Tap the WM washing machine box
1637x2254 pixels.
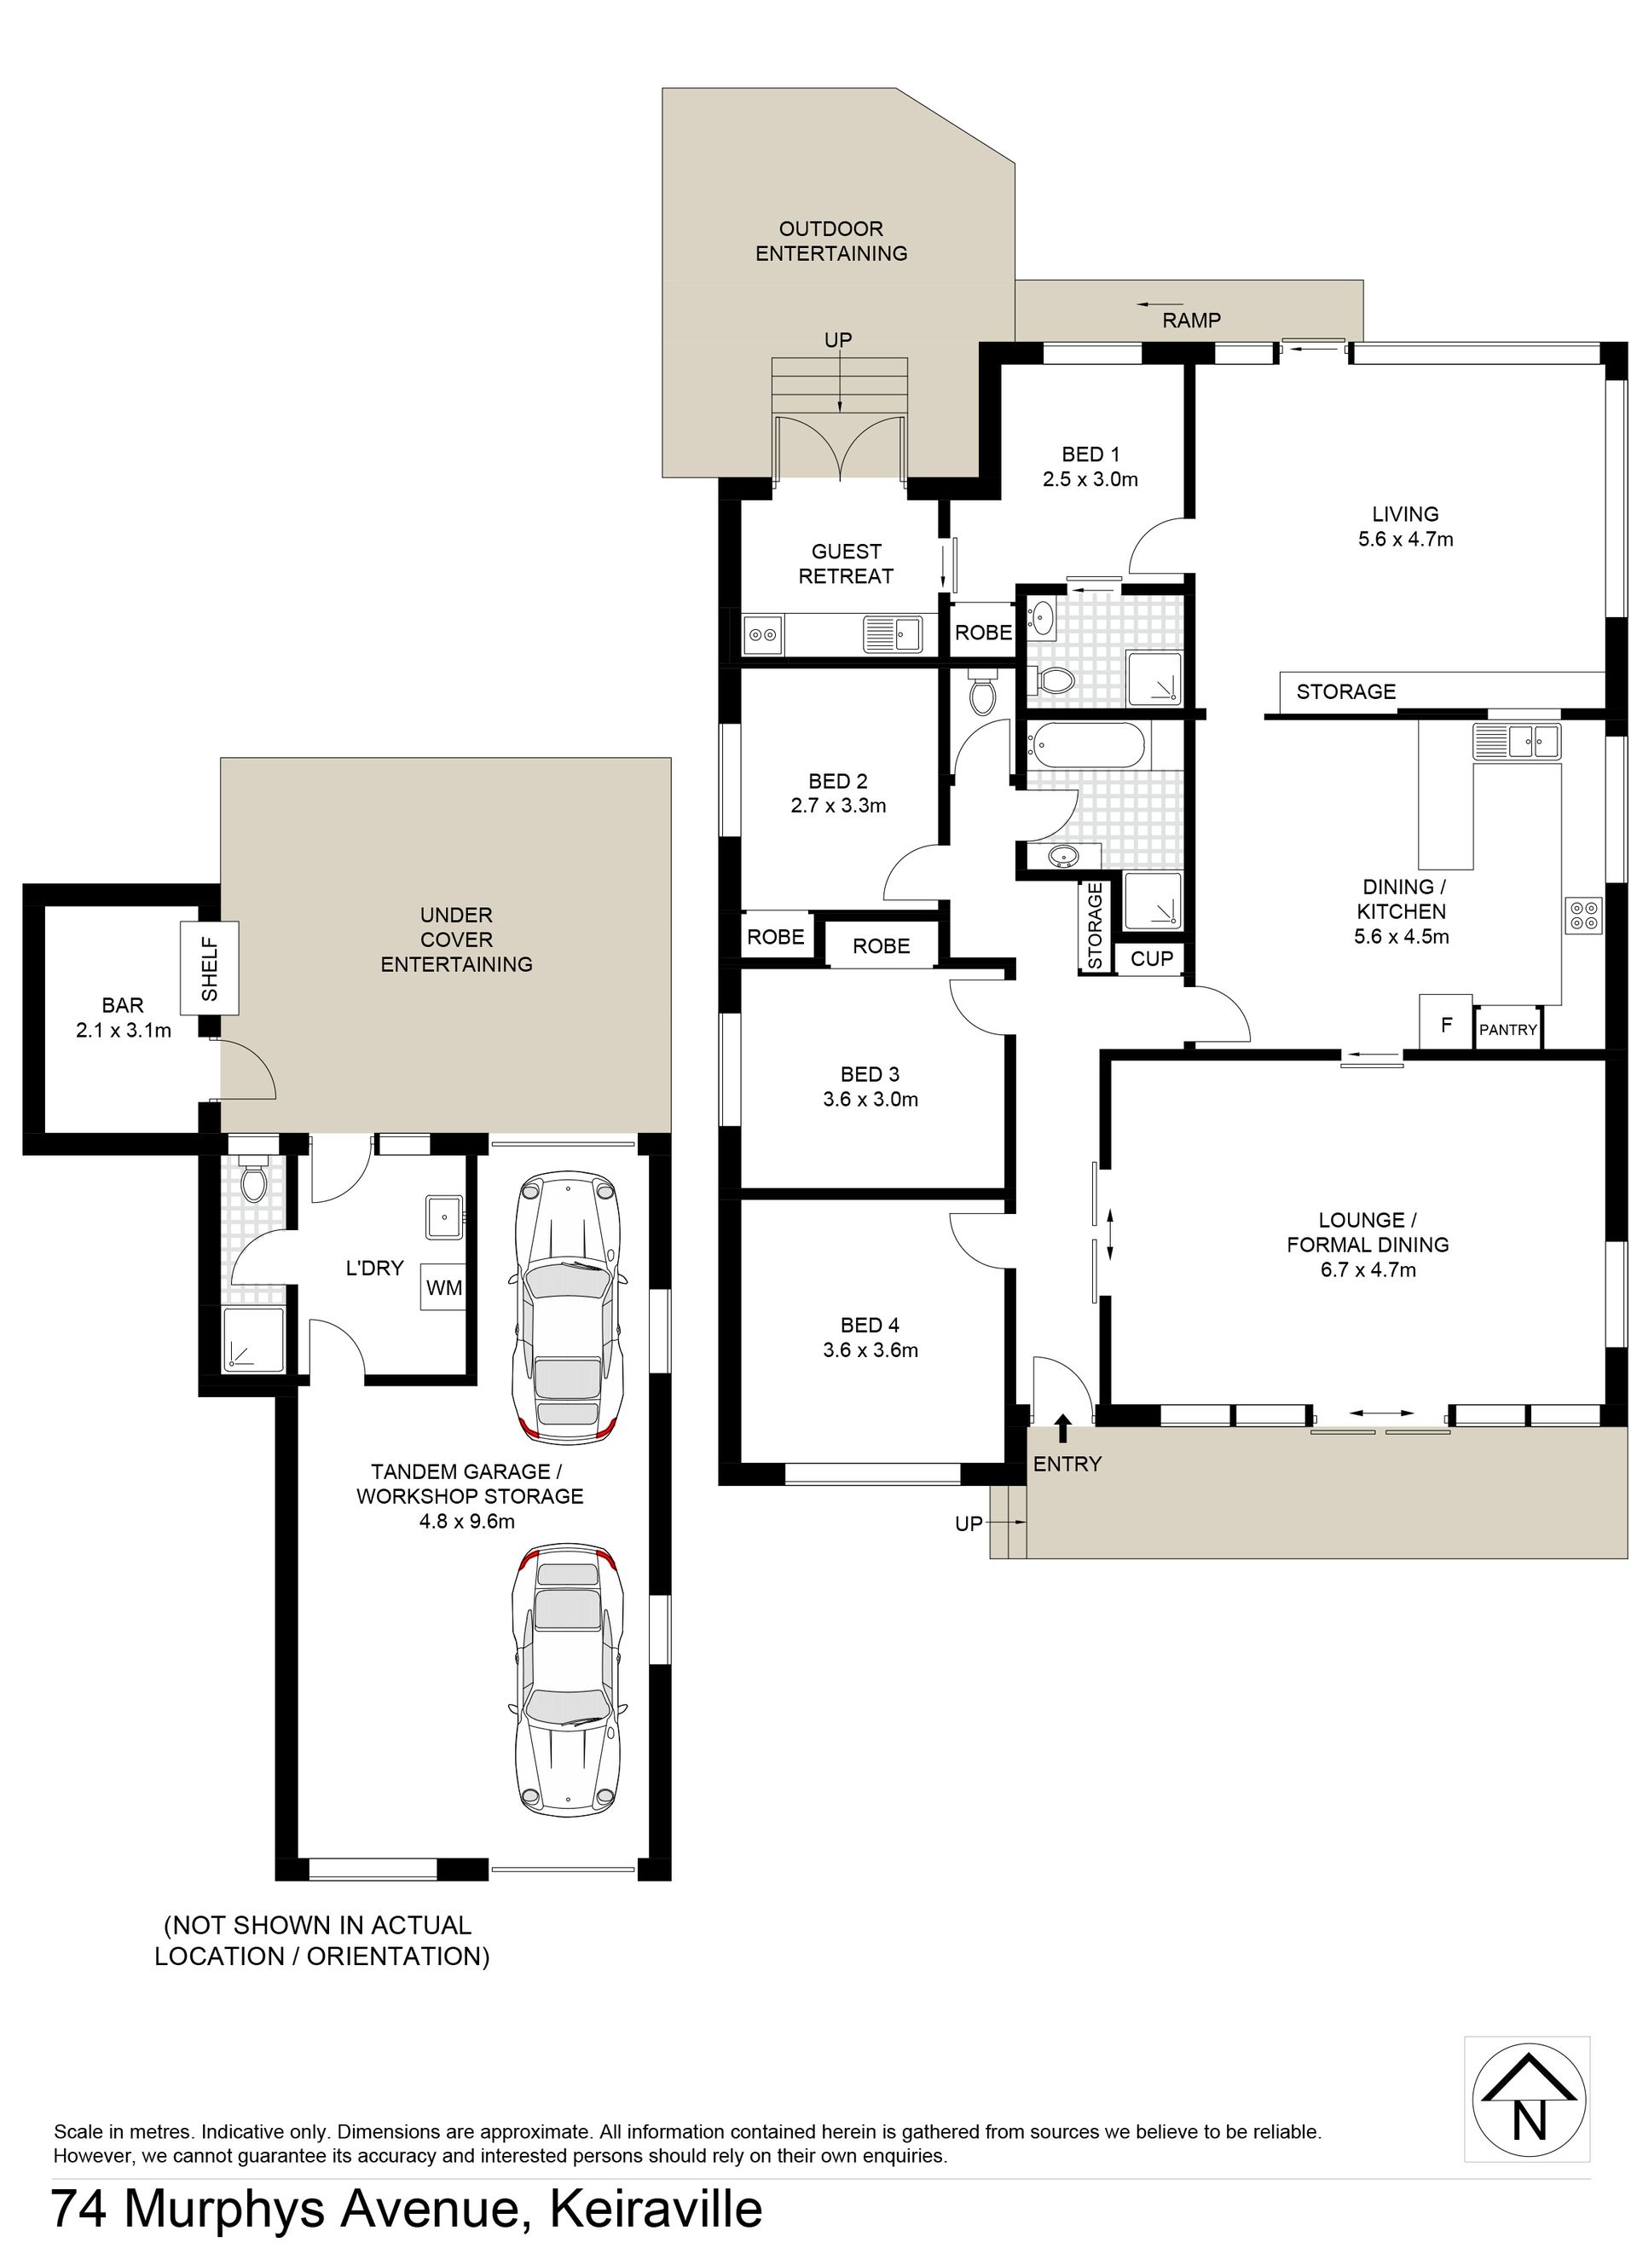tap(443, 1287)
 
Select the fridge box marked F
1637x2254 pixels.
tap(1446, 1020)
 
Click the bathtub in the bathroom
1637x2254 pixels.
tap(1089, 744)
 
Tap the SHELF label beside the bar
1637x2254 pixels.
tap(210, 969)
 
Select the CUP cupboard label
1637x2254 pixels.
tap(1152, 959)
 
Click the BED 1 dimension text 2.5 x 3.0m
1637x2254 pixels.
tap(1090, 479)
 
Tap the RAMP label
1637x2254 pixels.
tap(1191, 320)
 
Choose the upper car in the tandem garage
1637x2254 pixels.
tap(566, 1305)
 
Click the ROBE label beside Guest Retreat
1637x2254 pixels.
tap(983, 632)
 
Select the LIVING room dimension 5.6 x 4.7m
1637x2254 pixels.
tap(1405, 540)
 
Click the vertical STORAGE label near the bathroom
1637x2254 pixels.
tap(1094, 927)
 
